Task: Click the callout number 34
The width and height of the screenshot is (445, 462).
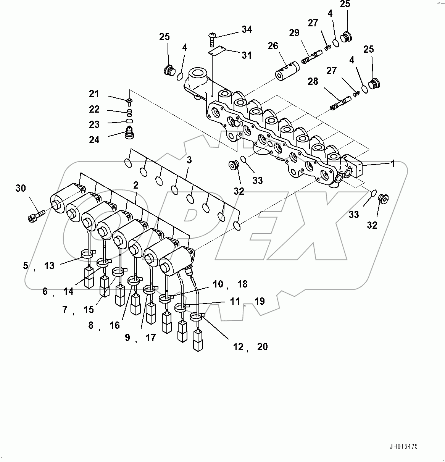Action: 247,29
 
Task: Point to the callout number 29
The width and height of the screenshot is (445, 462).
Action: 294,33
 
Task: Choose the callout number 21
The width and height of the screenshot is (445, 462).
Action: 94,94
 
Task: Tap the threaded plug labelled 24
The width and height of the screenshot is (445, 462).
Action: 131,134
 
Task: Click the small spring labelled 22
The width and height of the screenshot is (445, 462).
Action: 130,112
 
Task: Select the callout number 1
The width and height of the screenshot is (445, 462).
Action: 392,164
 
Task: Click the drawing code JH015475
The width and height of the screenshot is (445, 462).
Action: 404,446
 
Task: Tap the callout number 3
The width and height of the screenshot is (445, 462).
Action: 189,160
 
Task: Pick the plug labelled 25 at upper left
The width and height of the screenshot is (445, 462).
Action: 169,71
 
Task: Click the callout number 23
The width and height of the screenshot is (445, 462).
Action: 94,124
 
